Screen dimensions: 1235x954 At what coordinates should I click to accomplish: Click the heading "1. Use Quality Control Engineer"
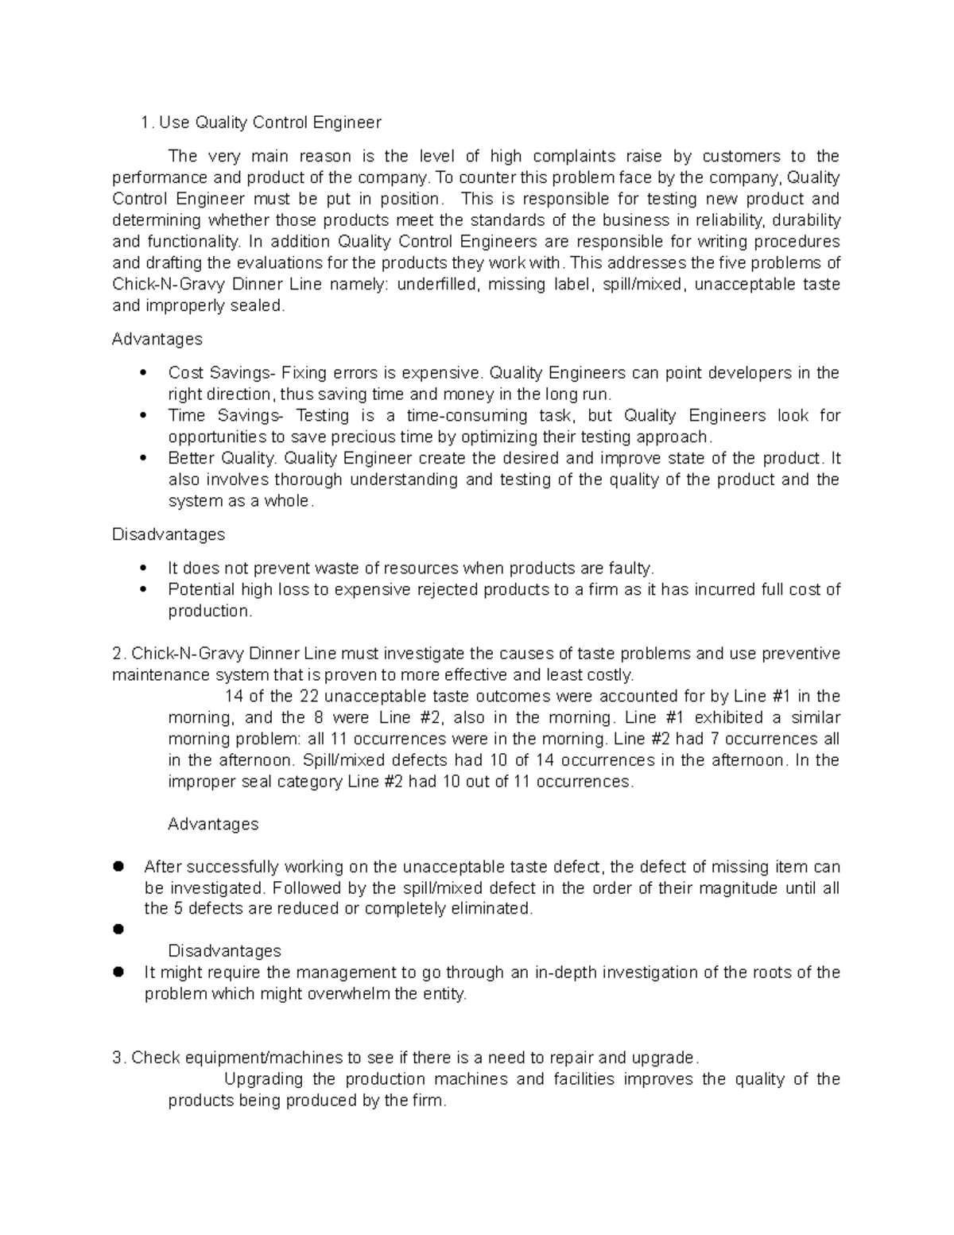pyautogui.click(x=260, y=122)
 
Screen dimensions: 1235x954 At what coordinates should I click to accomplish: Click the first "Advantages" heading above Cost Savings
pyautogui.click(x=157, y=340)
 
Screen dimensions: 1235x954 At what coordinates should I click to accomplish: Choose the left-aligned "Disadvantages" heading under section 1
pyautogui.click(x=169, y=534)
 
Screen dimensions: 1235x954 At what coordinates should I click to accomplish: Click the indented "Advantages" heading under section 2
pyautogui.click(x=213, y=825)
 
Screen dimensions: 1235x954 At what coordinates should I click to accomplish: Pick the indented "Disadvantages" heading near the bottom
pyautogui.click(x=224, y=951)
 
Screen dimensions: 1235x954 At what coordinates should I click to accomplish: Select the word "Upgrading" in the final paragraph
pyautogui.click(x=263, y=1079)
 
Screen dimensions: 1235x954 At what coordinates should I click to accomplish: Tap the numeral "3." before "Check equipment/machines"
pyautogui.click(x=119, y=1058)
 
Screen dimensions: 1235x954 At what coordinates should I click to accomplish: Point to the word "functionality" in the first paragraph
pyautogui.click(x=192, y=242)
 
